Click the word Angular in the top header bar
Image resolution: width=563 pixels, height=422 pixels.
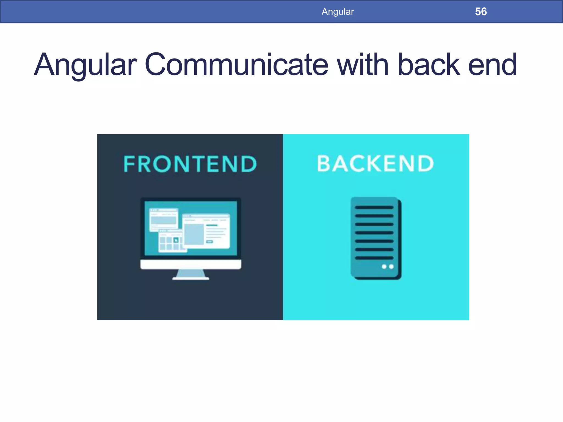338,12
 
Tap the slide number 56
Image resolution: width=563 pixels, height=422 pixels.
481,12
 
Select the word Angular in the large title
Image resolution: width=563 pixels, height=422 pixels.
85,65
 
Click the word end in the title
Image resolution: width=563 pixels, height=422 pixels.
492,65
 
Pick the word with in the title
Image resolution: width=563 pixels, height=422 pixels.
363,65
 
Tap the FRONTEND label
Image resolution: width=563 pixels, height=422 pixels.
190,164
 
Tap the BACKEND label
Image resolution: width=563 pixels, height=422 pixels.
376,164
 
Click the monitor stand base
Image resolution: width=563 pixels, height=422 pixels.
191,278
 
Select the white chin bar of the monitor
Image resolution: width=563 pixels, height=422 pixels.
191,264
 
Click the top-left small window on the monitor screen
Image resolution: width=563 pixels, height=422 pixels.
164,219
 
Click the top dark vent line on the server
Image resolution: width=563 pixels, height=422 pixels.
374,207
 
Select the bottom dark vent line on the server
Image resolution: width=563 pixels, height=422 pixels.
374,258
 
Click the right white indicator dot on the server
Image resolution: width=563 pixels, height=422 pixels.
391,266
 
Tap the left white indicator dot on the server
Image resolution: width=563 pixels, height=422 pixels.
384,266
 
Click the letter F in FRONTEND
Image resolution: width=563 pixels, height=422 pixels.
129,164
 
